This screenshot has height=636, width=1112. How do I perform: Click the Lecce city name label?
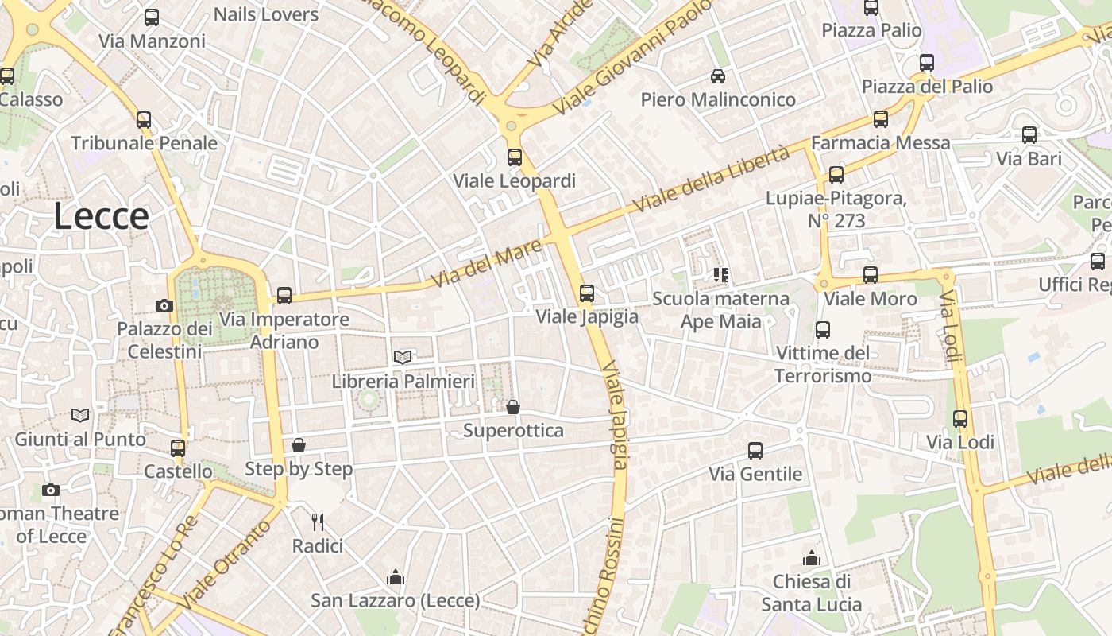(101, 216)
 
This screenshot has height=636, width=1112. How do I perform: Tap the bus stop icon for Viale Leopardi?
(515, 157)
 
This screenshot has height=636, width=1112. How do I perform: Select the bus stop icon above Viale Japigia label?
(587, 293)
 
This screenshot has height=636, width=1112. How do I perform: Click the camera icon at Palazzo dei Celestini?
(164, 305)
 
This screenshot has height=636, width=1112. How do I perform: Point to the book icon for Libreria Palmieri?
(403, 358)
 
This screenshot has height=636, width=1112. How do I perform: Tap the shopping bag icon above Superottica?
(513, 407)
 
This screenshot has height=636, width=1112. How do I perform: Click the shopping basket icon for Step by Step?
(299, 445)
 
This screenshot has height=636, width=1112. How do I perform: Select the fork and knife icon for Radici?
(318, 522)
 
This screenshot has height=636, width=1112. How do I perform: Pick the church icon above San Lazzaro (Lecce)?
(395, 577)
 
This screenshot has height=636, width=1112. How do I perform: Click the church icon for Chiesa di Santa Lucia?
(811, 558)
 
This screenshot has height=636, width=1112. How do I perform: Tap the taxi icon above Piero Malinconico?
(718, 76)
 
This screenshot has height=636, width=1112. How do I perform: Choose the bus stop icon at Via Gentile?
(755, 451)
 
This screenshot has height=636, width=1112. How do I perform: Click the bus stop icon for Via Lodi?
(960, 419)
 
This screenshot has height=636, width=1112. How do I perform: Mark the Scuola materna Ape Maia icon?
(720, 276)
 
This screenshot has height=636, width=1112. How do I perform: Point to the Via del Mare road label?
(486, 264)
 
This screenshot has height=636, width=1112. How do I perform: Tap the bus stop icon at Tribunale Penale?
(144, 120)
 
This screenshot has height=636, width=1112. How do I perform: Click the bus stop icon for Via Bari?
(1029, 135)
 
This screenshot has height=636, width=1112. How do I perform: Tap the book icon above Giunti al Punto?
(80, 415)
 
